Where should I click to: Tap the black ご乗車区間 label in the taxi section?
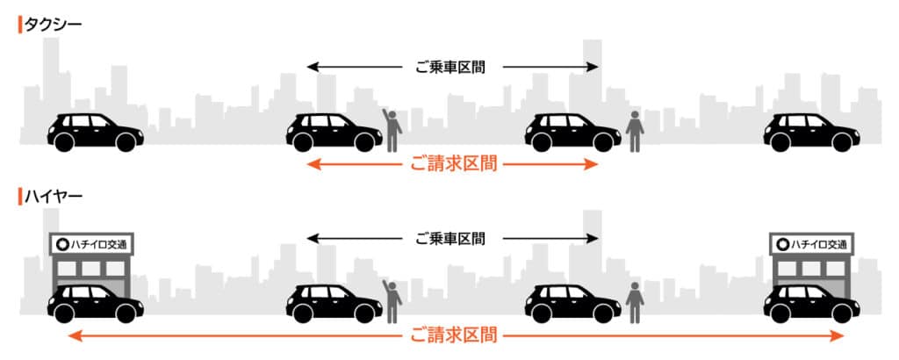[450, 67]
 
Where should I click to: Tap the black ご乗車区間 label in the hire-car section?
[450, 238]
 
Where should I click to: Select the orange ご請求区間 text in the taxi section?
[454, 164]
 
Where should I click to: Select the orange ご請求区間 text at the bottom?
[454, 335]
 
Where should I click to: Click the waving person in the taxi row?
[392, 130]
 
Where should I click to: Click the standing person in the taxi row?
[635, 132]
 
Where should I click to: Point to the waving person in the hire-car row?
[392, 301]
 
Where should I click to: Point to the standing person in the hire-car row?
[635, 303]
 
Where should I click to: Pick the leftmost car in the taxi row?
[95, 133]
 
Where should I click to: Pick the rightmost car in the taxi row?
[811, 133]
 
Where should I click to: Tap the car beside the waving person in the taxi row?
[334, 133]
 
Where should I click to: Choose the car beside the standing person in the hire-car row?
[572, 303]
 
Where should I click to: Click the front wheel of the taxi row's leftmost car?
[126, 142]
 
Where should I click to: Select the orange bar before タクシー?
[20, 25]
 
